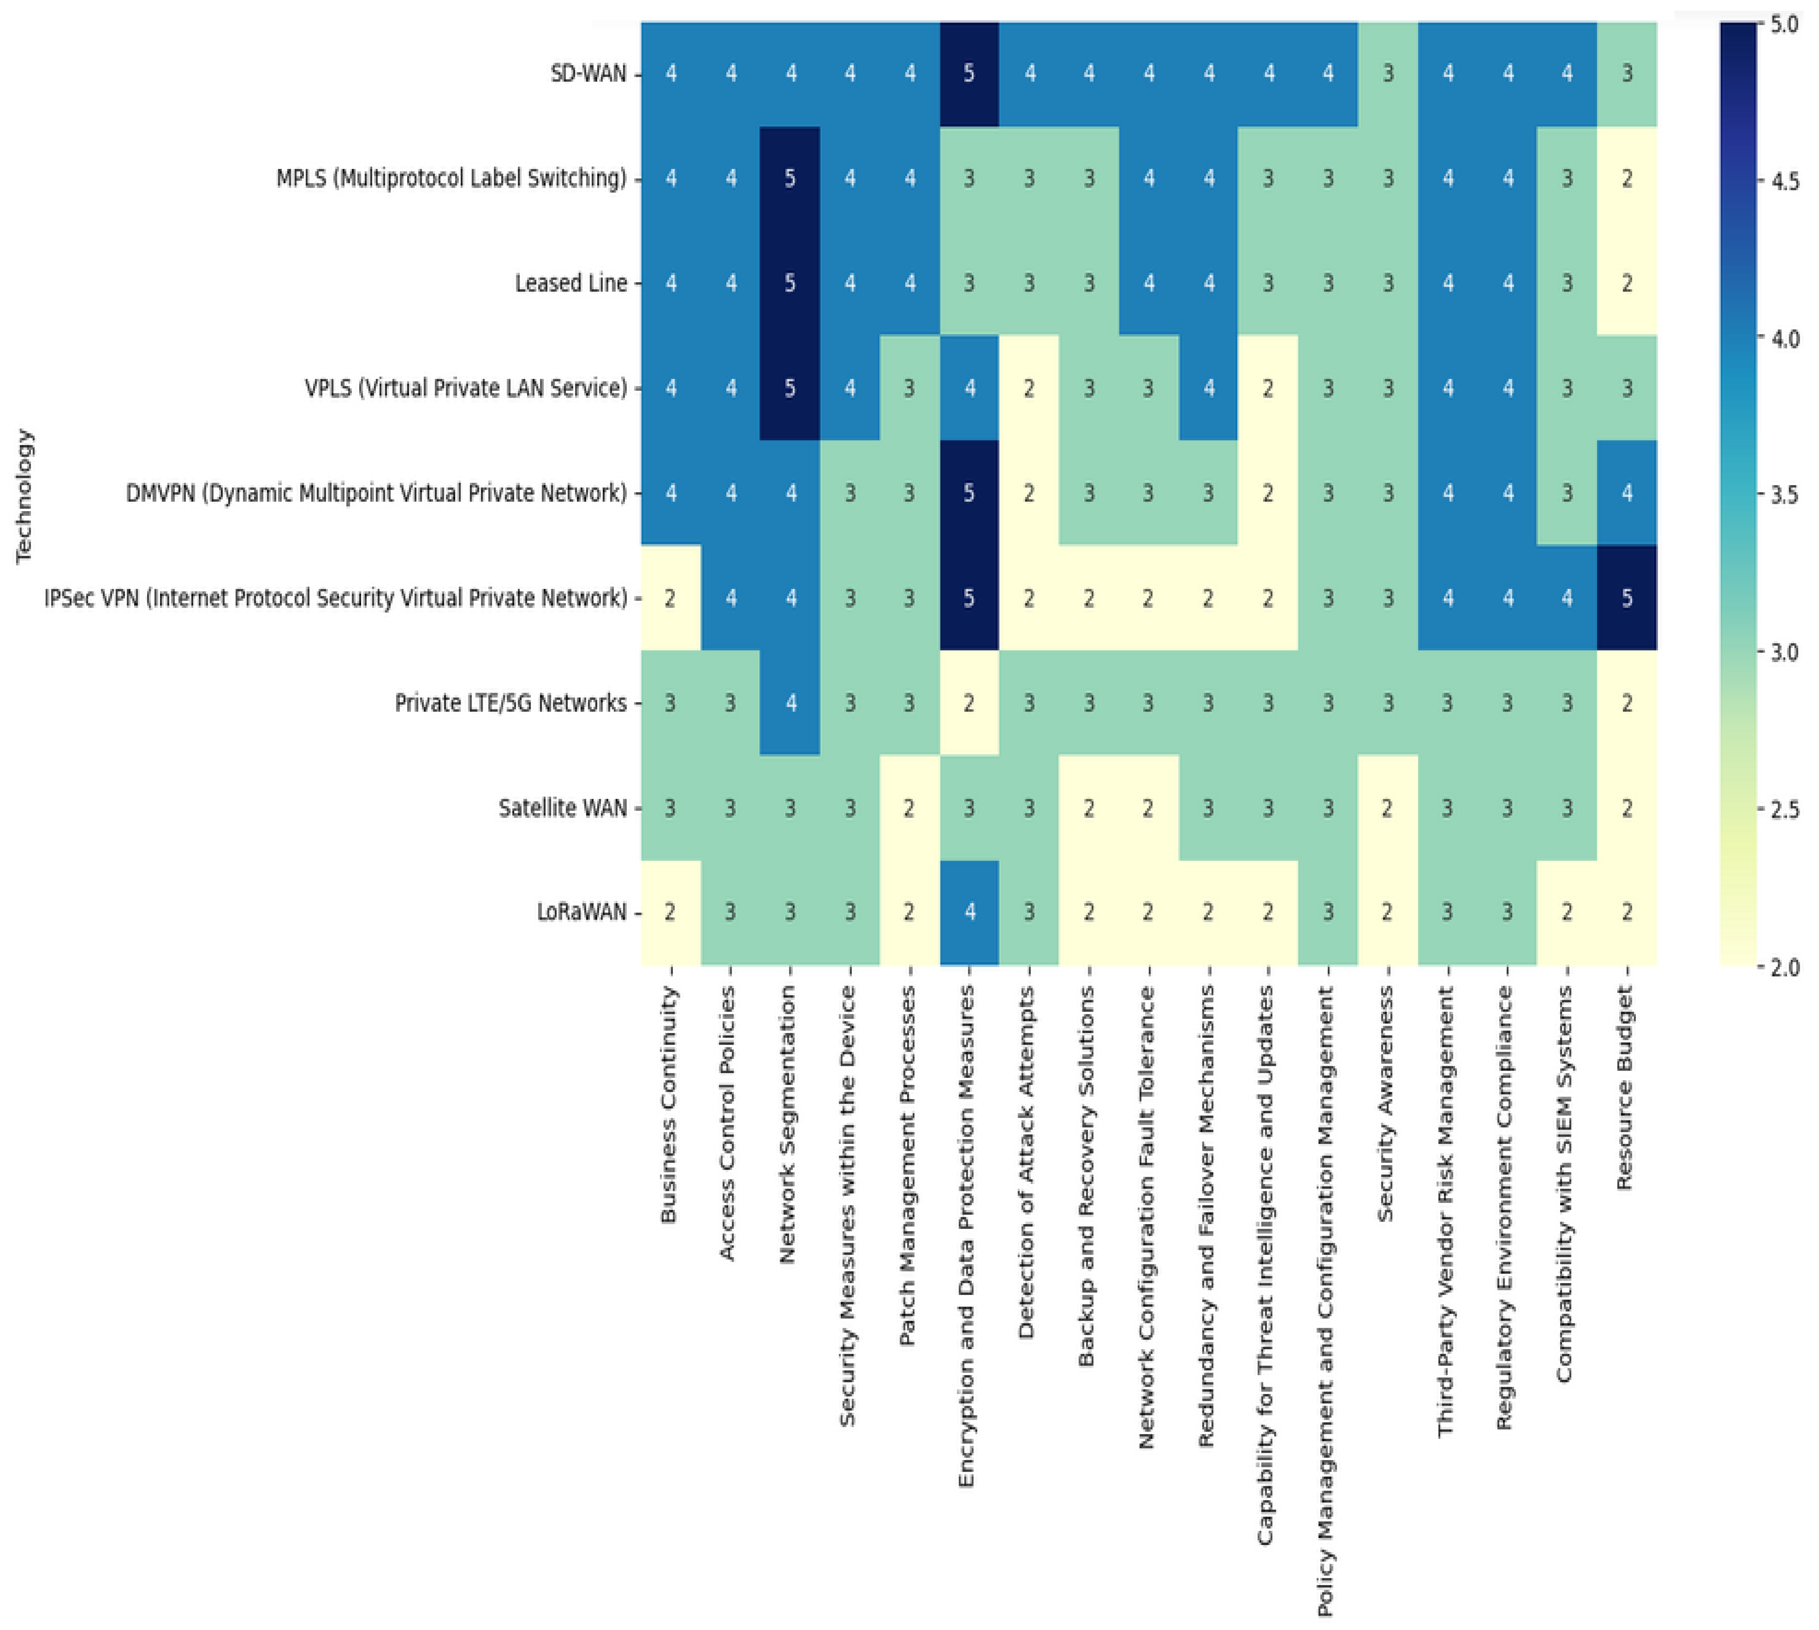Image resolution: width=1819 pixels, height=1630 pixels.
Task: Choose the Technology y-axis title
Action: point(24,495)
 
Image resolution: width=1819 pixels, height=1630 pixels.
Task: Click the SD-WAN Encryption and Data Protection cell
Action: point(969,73)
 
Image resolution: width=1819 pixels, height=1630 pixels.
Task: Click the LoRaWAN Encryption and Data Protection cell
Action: point(969,913)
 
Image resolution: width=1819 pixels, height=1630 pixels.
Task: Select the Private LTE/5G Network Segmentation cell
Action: point(790,703)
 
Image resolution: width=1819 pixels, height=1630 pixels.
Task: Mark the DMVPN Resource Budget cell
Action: point(1627,493)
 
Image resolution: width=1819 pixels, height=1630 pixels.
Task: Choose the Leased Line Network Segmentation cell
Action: point(790,283)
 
